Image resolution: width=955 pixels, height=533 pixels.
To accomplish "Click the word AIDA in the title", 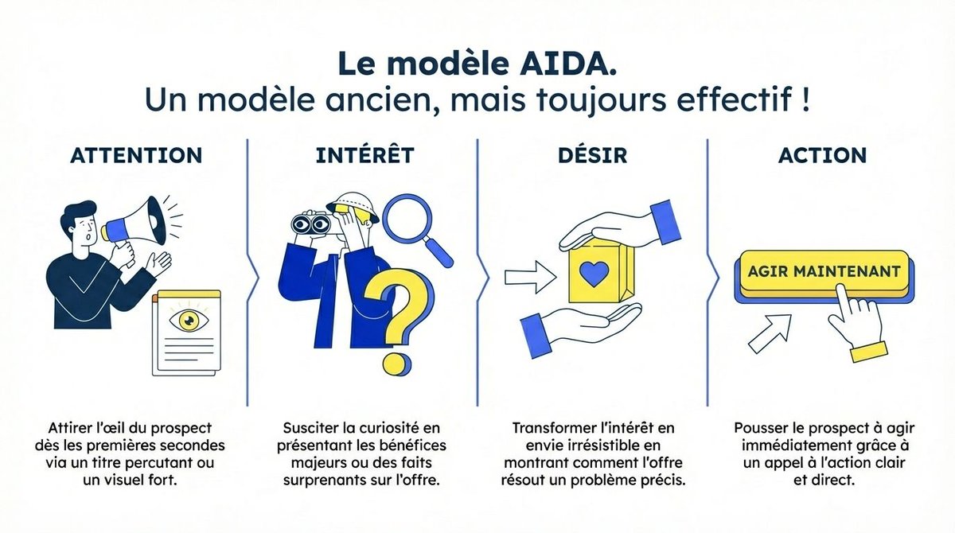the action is [x=567, y=64].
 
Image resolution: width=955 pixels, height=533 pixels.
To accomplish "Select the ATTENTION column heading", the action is [x=136, y=155].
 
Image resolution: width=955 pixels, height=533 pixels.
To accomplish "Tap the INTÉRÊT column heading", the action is [x=365, y=154].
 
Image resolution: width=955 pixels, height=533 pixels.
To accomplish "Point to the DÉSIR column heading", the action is [x=593, y=154].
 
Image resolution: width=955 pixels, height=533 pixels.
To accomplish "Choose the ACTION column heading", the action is [x=822, y=155].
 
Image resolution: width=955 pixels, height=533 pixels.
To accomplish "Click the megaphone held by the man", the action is [x=135, y=226].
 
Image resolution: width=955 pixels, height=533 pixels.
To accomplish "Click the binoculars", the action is [x=311, y=223].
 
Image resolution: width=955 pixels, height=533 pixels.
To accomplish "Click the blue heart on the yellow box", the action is [x=594, y=273].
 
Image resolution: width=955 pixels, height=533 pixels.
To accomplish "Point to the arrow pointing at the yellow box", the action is [x=531, y=278].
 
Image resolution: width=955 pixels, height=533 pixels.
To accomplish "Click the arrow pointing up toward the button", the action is [x=770, y=333].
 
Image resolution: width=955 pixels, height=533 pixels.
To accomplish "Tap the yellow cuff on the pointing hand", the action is [x=869, y=352].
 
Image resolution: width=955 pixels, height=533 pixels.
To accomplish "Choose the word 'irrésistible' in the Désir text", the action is [x=606, y=445].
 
